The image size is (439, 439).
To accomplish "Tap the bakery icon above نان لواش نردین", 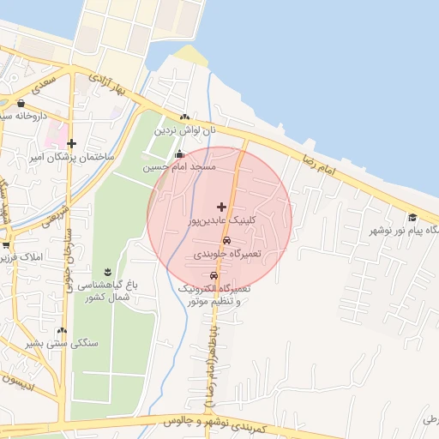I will point(184,117).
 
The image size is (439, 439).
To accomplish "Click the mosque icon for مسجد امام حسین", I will point(179,155).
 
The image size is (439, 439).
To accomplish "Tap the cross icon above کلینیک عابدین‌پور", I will point(223,207).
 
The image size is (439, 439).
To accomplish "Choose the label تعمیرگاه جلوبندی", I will point(226,255).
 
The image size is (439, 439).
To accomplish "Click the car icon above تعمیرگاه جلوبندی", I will point(226,241).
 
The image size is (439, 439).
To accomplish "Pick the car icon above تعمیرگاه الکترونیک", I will point(213,275).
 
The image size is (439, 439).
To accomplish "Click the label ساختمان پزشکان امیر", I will point(72,158).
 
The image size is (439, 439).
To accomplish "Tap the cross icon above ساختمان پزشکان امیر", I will point(72,144).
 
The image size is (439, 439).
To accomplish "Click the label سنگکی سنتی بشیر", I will point(62,343).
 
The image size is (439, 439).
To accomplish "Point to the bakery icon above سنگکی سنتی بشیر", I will point(62,330).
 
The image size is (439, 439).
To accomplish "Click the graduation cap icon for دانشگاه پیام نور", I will point(412,217).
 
